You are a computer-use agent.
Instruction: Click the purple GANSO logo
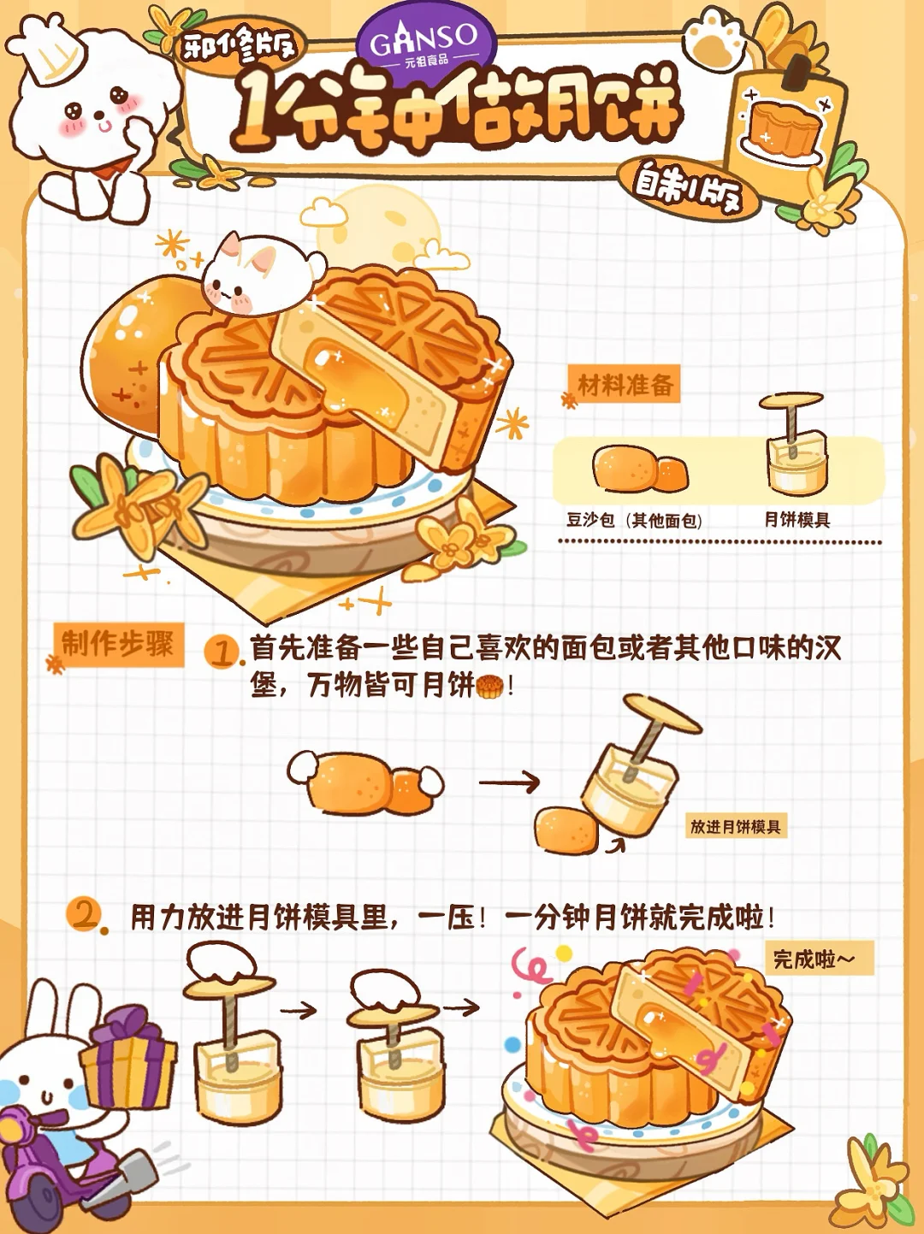click(x=427, y=42)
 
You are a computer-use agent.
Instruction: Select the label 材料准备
click(x=625, y=385)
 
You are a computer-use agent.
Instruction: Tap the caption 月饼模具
click(x=797, y=519)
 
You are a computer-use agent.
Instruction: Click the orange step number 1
click(x=222, y=652)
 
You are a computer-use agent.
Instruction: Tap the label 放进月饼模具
click(x=736, y=827)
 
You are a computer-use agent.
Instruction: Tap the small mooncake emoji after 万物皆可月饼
click(x=489, y=687)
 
